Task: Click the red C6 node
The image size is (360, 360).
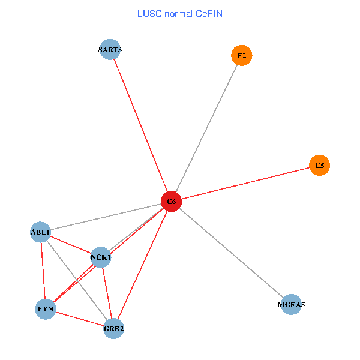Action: (172, 202)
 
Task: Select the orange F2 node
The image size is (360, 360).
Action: (241, 56)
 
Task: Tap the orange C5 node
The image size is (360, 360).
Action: (319, 165)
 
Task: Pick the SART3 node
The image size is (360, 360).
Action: (110, 49)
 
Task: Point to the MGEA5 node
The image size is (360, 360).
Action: (291, 305)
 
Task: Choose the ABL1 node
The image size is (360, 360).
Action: (41, 232)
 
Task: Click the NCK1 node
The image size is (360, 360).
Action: (101, 257)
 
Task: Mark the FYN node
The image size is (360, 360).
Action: (46, 310)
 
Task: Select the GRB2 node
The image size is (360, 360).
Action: (113, 328)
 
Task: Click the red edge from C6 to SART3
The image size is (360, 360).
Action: (141, 125)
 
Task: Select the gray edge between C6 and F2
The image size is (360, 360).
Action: (206, 129)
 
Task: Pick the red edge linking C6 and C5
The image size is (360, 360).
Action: (245, 183)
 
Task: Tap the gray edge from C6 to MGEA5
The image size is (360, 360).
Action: (231, 253)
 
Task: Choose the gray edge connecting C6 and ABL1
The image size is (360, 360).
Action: (106, 217)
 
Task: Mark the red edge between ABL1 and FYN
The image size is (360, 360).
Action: (43, 271)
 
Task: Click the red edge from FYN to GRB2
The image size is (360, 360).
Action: (79, 319)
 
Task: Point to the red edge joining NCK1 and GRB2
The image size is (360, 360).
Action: (107, 293)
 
